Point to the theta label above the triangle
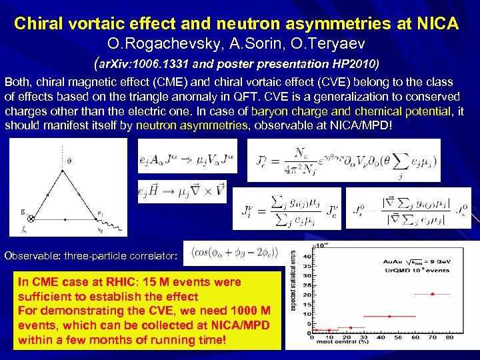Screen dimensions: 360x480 tap(69, 160)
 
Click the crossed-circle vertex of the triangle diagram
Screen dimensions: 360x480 tap(31, 218)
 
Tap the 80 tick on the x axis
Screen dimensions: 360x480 tap(449, 337)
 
